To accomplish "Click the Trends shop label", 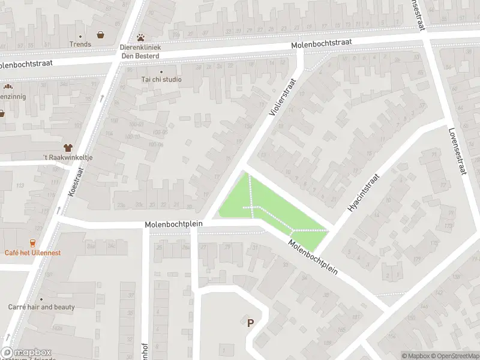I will (80, 44).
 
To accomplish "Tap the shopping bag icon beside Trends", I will (100, 35).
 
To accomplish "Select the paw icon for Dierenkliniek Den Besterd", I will (141, 37).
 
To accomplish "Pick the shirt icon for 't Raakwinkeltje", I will (67, 147).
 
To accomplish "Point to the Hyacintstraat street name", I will (364, 193).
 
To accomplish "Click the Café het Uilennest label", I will (32, 253).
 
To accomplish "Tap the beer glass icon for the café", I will (32, 243).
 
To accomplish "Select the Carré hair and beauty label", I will (41, 307).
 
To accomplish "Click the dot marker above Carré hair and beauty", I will (41, 299).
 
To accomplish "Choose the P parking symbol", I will (250, 323).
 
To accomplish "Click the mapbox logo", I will (27, 353).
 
